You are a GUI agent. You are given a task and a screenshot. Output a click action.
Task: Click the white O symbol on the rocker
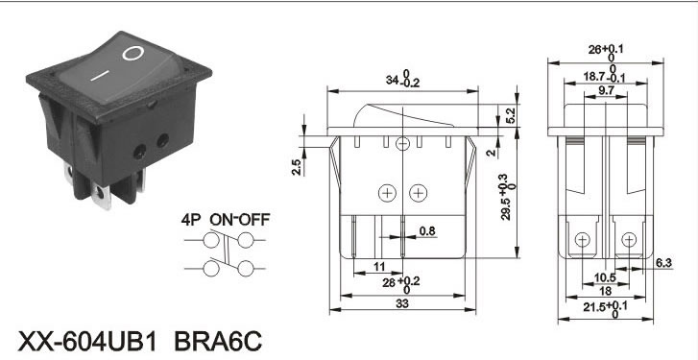point(133,54)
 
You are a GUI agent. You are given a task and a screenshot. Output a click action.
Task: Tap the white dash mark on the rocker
point(100,75)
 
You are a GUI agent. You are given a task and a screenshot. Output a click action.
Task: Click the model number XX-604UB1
point(88,342)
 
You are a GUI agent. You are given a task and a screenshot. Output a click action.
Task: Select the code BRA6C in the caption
point(218,342)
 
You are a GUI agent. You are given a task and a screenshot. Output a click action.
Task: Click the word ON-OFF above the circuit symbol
point(240,220)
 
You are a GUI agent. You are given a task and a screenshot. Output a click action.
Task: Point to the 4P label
point(191,220)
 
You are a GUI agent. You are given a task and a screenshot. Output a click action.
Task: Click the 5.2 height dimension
point(511,116)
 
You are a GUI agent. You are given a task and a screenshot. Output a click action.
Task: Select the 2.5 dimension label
point(297,167)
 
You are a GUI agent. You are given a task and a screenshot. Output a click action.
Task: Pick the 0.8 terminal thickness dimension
point(427,231)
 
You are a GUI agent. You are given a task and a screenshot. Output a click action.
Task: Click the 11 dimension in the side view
point(379,267)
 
